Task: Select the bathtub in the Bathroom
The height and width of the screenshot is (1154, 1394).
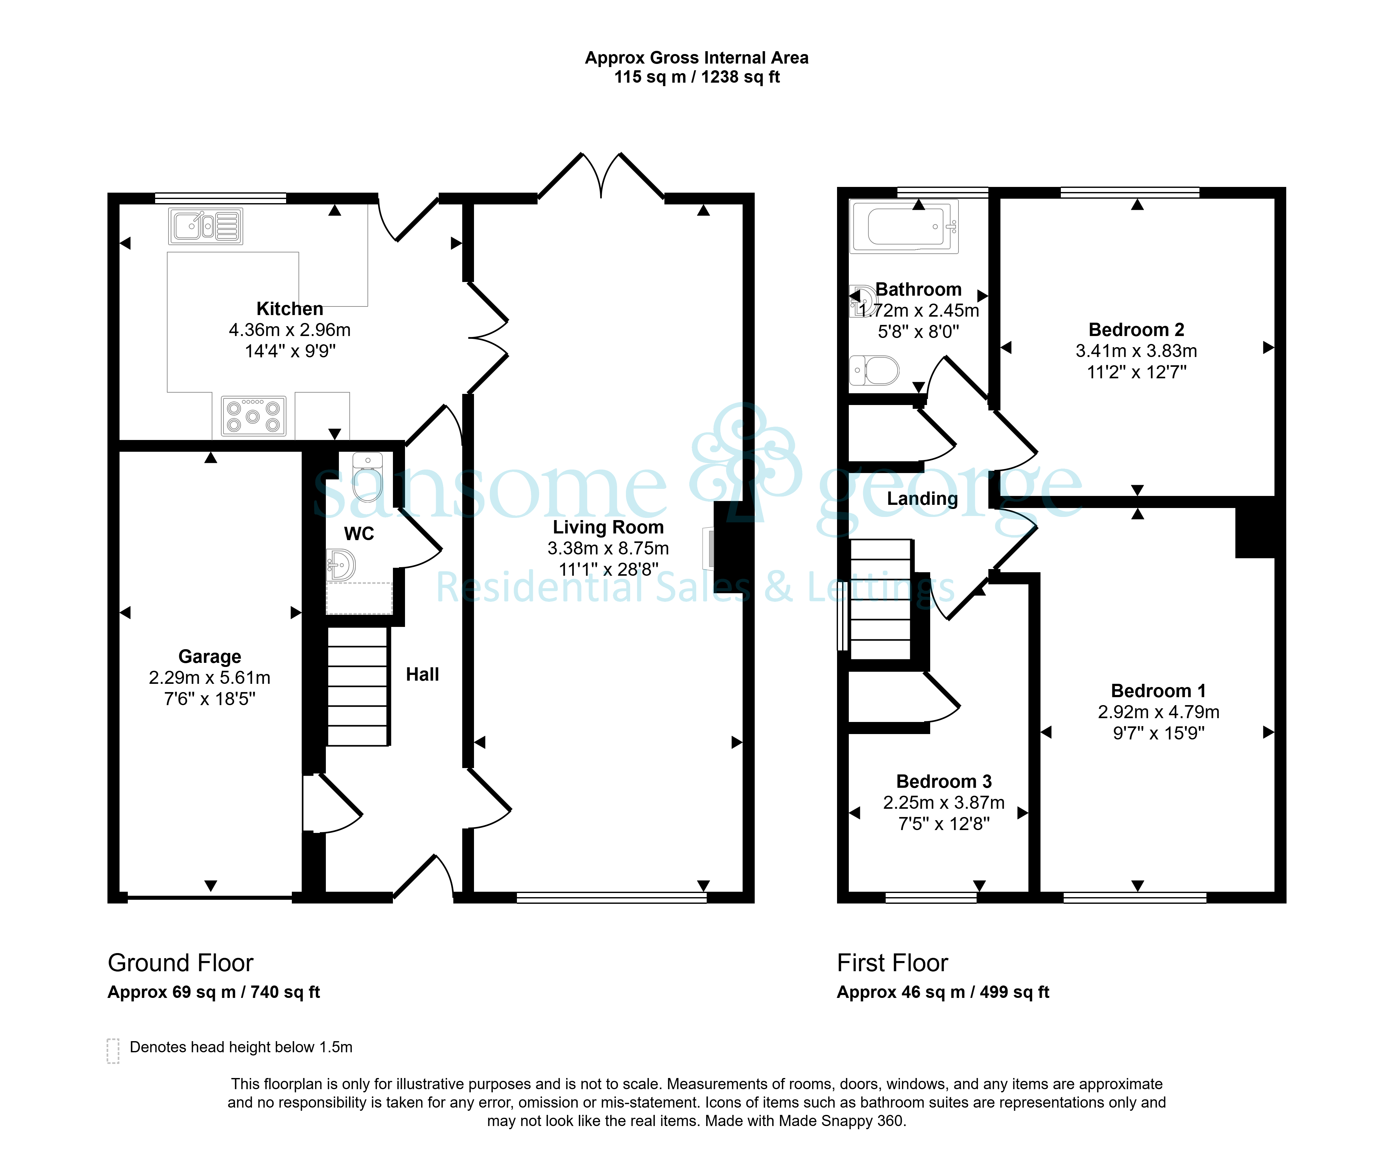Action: coord(905,227)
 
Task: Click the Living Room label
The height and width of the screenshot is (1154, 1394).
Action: coord(608,527)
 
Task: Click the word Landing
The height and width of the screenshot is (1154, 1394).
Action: coord(922,499)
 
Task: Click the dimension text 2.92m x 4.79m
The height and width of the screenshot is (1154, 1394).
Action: coord(1158,712)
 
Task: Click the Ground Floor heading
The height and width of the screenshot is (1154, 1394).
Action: coord(181,963)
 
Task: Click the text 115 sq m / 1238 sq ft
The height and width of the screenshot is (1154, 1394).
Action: coord(697,77)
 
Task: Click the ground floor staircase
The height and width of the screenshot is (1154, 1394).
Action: coord(358,687)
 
